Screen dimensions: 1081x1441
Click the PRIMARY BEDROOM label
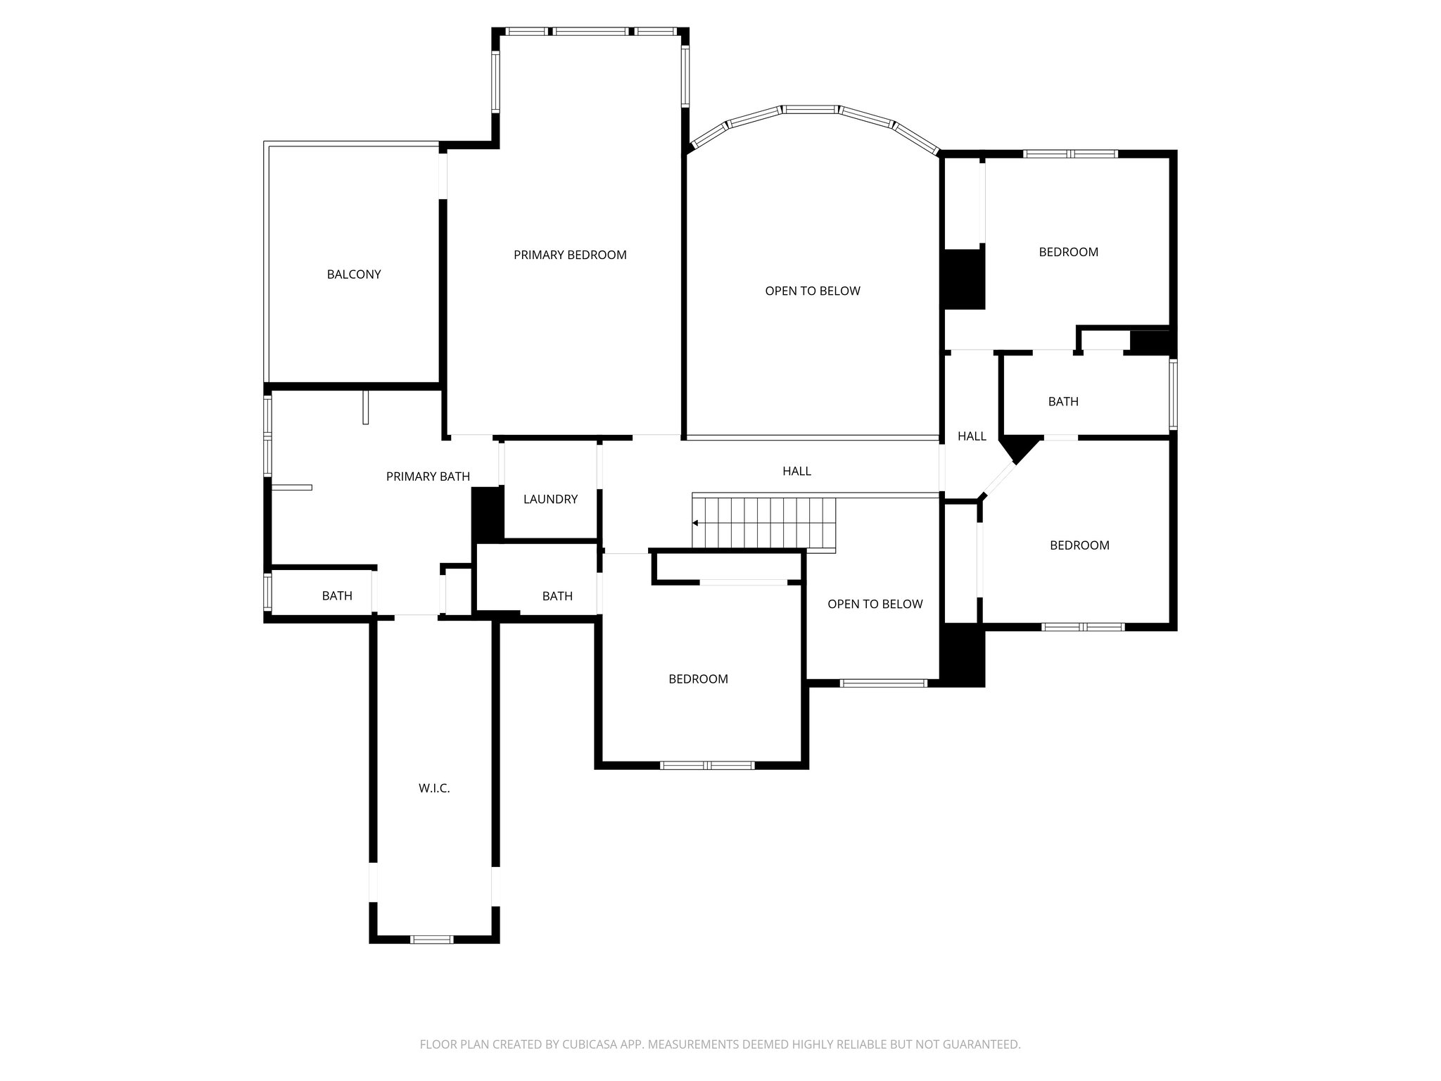click(x=570, y=255)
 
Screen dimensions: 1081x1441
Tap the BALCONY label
click(x=354, y=274)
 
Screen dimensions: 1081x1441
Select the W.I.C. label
click(x=434, y=788)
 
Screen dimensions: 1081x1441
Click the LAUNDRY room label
click(x=550, y=499)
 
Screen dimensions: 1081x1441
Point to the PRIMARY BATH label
click(x=428, y=476)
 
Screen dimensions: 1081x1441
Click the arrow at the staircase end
click(x=695, y=523)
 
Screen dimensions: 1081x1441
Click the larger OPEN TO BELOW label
click(x=813, y=291)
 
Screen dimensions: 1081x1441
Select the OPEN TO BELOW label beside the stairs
click(x=875, y=604)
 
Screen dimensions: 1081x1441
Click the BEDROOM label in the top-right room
click(x=1068, y=252)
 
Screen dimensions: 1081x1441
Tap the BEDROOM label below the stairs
click(x=698, y=678)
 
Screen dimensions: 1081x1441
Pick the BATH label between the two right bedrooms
click(x=1063, y=401)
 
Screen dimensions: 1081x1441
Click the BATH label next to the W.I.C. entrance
click(x=337, y=595)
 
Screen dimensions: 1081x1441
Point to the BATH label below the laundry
click(x=557, y=595)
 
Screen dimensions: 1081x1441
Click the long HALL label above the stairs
click(x=796, y=471)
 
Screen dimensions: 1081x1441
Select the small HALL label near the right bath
click(x=972, y=436)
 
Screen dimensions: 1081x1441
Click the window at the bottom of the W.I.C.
click(x=432, y=939)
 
